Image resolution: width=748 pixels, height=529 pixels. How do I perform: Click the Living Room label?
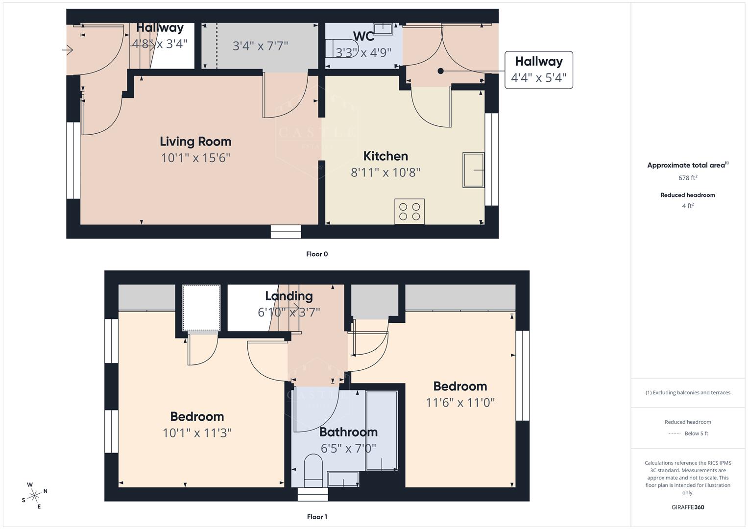click(x=195, y=142)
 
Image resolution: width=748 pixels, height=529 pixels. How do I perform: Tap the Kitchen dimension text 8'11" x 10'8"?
click(x=386, y=172)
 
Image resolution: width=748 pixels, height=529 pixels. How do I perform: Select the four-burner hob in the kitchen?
click(x=410, y=211)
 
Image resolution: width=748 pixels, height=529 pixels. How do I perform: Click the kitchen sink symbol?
click(x=473, y=170)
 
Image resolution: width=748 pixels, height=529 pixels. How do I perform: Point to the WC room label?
click(x=363, y=37)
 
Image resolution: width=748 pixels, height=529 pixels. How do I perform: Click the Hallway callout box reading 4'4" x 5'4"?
click(x=538, y=70)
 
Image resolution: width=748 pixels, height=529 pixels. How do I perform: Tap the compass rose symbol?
click(x=34, y=496)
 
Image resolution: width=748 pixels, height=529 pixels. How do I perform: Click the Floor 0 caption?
click(x=317, y=254)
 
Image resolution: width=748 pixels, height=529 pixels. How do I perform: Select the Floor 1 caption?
click(x=317, y=517)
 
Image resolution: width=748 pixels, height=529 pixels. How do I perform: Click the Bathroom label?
click(x=348, y=432)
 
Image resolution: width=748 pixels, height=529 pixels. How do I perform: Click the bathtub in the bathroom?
click(x=382, y=431)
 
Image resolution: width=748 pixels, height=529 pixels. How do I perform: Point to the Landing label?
click(x=289, y=296)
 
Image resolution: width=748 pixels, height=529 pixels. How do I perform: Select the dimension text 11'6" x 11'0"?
click(x=460, y=403)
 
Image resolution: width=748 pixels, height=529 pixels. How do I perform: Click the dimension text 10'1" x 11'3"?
click(x=197, y=433)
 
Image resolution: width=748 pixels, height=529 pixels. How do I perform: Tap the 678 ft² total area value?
click(x=688, y=178)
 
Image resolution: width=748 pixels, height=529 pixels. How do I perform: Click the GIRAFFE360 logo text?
click(x=688, y=507)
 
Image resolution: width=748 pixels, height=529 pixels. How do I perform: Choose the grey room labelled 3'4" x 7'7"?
click(x=260, y=46)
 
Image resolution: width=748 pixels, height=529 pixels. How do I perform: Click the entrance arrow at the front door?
click(x=68, y=50)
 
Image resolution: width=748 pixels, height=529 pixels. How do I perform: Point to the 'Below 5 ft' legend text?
click(x=696, y=433)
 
